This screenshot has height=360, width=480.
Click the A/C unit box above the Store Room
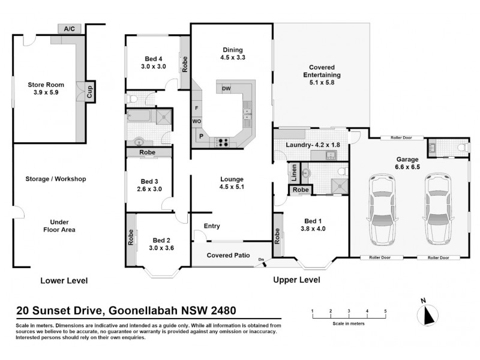tap(70, 28)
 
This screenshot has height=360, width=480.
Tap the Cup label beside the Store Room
tap(89, 92)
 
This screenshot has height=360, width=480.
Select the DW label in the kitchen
tap(226, 89)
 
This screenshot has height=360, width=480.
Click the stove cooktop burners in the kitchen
tap(223, 142)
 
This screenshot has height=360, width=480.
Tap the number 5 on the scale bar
tap(385, 310)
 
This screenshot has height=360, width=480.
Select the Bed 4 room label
tap(153, 59)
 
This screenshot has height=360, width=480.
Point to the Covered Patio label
tap(228, 255)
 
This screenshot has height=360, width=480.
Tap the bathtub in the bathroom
tap(141, 117)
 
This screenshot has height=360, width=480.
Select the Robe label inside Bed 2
tap(130, 239)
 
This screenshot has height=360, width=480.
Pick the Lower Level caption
tap(64, 280)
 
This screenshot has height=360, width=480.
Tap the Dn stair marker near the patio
tap(262, 259)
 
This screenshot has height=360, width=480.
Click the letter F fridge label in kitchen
tap(196, 108)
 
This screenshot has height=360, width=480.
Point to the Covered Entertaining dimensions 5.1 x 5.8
tap(321, 83)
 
